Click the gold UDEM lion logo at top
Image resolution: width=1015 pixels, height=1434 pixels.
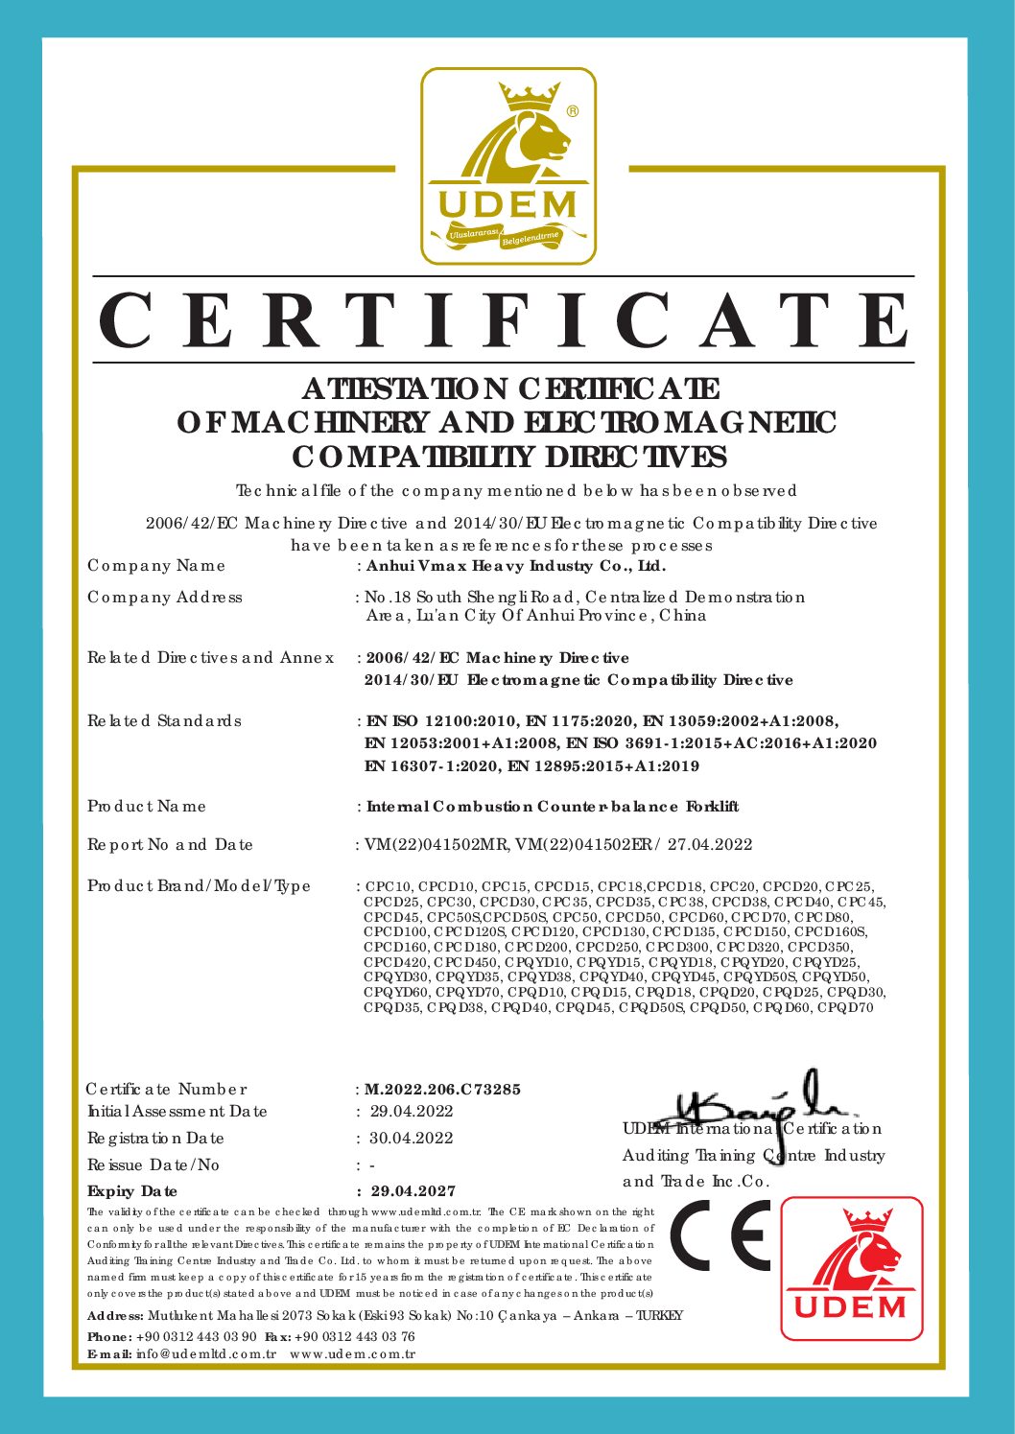[x=508, y=166]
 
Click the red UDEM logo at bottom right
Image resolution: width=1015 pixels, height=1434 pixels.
[x=852, y=1268]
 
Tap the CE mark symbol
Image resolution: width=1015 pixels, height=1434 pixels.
[x=720, y=1235]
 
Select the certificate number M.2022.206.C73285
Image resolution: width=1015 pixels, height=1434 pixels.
[x=443, y=1090]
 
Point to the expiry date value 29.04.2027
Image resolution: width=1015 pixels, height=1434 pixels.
[x=413, y=1191]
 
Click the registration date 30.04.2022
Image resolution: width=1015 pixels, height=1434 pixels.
[x=412, y=1139]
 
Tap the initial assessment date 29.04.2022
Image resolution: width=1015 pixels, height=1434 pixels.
[x=412, y=1112]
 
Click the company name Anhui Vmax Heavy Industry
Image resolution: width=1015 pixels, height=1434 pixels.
[x=516, y=566]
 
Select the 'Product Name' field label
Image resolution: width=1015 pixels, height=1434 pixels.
[x=147, y=807]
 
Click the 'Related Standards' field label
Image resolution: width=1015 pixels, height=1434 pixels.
[x=164, y=721]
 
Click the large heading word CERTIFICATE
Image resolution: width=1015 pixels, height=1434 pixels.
[x=506, y=320]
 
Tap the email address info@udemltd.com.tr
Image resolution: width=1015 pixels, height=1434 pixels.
[x=206, y=1354]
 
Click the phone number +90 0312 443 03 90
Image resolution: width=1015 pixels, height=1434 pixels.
[x=197, y=1337]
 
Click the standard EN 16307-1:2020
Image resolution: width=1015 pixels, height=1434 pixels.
[x=431, y=766]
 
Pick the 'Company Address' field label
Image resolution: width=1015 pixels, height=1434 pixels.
[x=165, y=598]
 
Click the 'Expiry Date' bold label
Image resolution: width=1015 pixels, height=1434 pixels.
[x=132, y=1191]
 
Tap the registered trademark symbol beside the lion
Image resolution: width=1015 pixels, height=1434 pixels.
[x=573, y=111]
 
